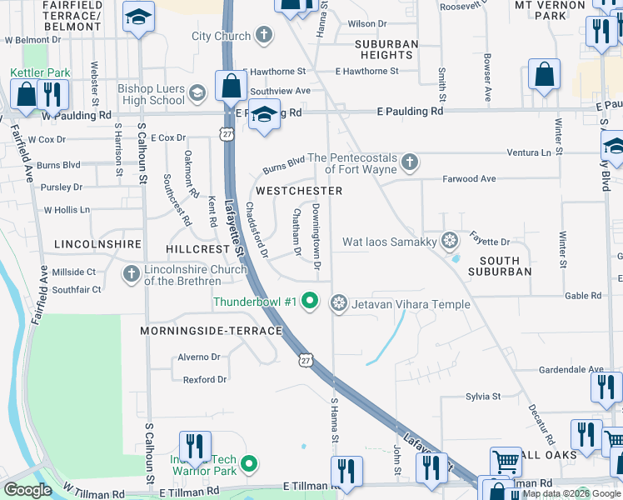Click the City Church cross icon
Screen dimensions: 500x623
[264, 35]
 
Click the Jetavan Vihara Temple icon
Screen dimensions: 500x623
[339, 302]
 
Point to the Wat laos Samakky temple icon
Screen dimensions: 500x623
[450, 242]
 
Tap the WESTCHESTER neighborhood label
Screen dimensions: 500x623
[299, 191]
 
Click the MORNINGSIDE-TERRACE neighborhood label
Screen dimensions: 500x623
[212, 331]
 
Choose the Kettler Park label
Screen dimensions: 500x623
[40, 73]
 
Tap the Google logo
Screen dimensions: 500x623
[28, 490]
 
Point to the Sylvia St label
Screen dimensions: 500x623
[482, 397]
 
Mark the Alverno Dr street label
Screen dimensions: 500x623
[198, 357]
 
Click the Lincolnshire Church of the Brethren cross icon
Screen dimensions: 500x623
[131, 273]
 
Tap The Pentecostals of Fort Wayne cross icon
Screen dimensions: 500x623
[408, 161]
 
